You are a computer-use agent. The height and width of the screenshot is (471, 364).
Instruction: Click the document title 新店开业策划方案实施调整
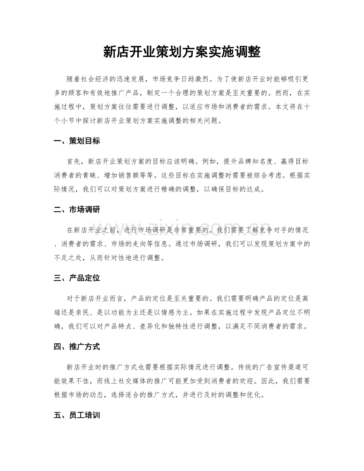point(182,52)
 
